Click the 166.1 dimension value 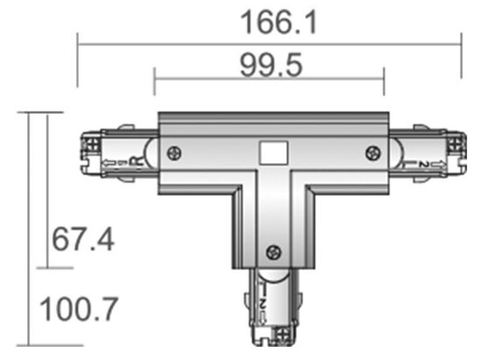point(269,21)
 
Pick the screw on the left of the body point(174,152)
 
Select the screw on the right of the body point(372,153)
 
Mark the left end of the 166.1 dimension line point(78,40)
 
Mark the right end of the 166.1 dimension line point(461,40)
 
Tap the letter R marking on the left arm point(134,160)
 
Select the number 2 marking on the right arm point(423,163)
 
